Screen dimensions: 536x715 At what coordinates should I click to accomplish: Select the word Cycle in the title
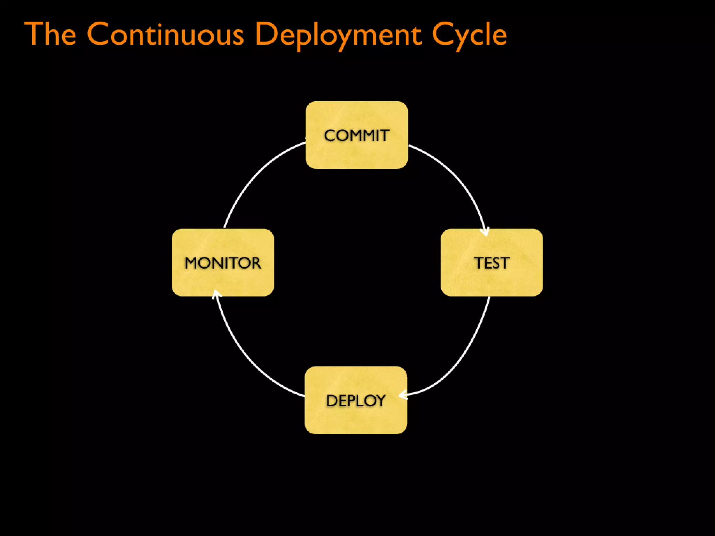pyautogui.click(x=469, y=35)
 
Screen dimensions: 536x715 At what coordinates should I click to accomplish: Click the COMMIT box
pyautogui.click(x=356, y=135)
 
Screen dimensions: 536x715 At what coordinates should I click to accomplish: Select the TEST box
pyautogui.click(x=492, y=262)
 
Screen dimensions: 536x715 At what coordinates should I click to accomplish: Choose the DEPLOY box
pyautogui.click(x=356, y=400)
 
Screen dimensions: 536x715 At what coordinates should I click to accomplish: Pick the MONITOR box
pyautogui.click(x=223, y=262)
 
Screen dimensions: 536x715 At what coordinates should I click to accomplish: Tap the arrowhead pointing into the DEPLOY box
pyautogui.click(x=403, y=395)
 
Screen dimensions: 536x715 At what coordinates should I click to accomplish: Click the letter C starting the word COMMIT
pyautogui.click(x=330, y=135)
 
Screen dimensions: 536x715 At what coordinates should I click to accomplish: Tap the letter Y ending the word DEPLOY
pyautogui.click(x=380, y=401)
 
